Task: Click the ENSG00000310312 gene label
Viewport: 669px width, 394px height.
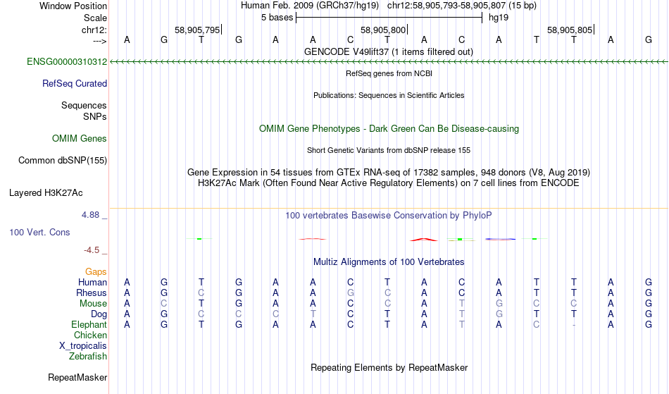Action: [67, 62]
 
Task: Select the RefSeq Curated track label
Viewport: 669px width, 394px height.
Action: [75, 84]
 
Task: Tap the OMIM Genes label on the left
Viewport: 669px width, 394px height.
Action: [80, 139]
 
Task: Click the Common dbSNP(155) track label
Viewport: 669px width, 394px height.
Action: [63, 161]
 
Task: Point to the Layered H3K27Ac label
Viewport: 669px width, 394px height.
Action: [46, 193]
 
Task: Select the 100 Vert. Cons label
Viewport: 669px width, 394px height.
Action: [39, 232]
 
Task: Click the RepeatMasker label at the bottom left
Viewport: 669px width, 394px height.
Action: [77, 377]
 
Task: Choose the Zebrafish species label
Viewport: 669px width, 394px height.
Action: [88, 357]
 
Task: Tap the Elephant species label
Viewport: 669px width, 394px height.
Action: [89, 325]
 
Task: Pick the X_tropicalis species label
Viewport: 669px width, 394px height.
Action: [83, 346]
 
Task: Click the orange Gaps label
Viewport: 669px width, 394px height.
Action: [96, 272]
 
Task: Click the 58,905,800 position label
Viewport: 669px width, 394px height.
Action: [383, 30]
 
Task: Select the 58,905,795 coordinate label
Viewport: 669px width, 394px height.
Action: [197, 30]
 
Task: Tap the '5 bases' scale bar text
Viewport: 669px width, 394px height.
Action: [277, 18]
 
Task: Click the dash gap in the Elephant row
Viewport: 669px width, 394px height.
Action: [574, 325]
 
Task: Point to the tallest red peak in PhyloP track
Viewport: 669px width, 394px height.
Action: [424, 239]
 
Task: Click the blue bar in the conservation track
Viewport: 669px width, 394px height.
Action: [500, 239]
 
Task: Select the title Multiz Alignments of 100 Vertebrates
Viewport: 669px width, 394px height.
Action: [389, 262]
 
